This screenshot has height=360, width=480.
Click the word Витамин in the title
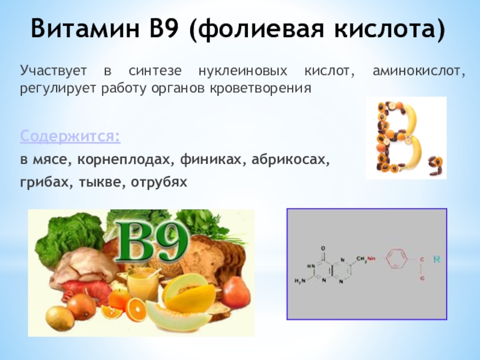85,28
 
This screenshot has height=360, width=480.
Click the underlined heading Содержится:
70,136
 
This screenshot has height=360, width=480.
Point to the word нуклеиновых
243,71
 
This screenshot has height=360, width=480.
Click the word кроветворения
260,88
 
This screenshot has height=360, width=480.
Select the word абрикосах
290,160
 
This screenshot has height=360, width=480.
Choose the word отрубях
159,182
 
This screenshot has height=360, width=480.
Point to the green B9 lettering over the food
151,242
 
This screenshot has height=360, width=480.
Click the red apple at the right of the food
236,292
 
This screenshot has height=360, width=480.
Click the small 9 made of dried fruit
436,166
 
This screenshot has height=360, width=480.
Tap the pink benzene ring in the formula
396,259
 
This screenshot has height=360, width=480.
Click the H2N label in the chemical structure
300,280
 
